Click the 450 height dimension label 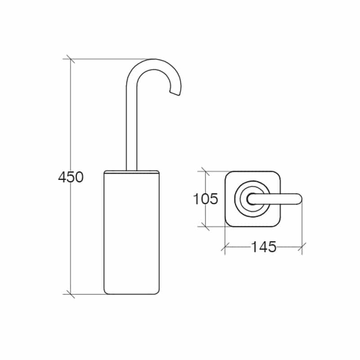pyautogui.click(x=71, y=177)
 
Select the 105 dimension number pyautogui.click(x=206, y=199)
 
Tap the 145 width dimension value pyautogui.click(x=264, y=247)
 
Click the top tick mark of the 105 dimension pyautogui.click(x=205, y=171)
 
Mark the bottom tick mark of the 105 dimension pyautogui.click(x=205, y=226)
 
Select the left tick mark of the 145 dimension pyautogui.click(x=225, y=247)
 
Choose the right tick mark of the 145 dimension pyautogui.click(x=302, y=247)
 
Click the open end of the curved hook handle pyautogui.click(x=175, y=93)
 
